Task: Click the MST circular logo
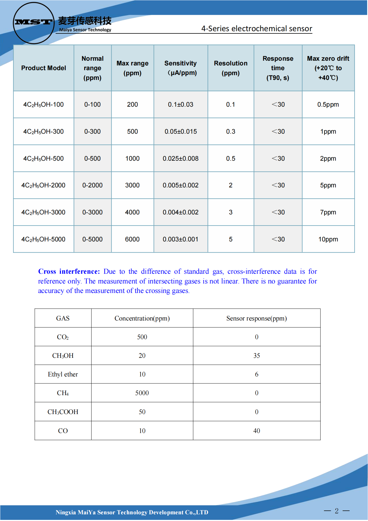click(x=34, y=23)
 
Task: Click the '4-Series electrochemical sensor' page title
click(x=256, y=29)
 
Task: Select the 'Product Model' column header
click(x=44, y=68)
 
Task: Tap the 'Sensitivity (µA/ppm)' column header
click(x=181, y=68)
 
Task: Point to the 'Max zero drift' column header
click(x=328, y=68)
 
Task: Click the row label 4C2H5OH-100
click(x=44, y=105)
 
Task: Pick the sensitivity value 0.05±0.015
click(x=181, y=131)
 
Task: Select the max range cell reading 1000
click(x=132, y=158)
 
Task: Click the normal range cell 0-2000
click(x=92, y=185)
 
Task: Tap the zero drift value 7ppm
click(x=328, y=212)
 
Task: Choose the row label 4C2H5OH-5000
click(x=43, y=239)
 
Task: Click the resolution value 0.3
click(x=231, y=131)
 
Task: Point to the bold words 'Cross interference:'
click(x=69, y=271)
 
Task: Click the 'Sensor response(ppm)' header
click(x=256, y=318)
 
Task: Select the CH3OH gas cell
click(x=63, y=356)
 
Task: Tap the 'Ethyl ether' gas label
click(x=63, y=374)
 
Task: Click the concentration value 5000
click(x=142, y=393)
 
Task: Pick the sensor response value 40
click(x=256, y=431)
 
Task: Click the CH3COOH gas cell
click(x=63, y=412)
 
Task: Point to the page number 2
click(x=337, y=511)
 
